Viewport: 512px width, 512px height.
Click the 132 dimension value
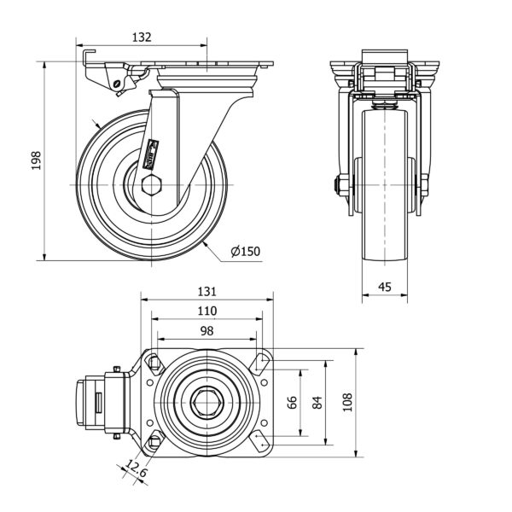(x=141, y=37)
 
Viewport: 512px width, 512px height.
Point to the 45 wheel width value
(x=385, y=288)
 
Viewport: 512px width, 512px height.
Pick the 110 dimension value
(x=207, y=311)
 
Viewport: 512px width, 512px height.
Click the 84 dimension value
(x=317, y=403)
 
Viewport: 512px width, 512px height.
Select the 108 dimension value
(x=346, y=403)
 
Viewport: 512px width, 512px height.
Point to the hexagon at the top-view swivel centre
(x=207, y=403)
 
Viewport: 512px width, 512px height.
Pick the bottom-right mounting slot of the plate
(x=259, y=441)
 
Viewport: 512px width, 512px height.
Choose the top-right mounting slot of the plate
(x=259, y=364)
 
